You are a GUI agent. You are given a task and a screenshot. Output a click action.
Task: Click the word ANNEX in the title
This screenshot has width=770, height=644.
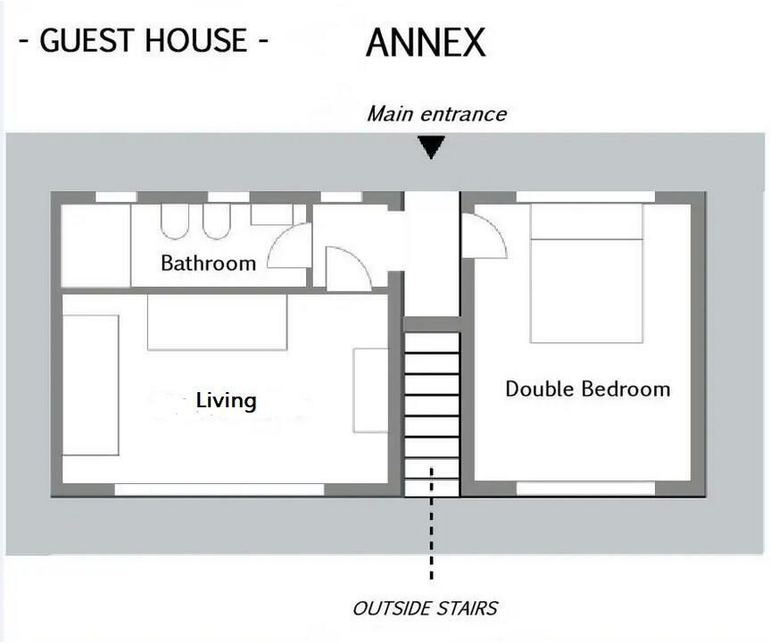426,42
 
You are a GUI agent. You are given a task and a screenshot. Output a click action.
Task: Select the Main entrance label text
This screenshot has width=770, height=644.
436,114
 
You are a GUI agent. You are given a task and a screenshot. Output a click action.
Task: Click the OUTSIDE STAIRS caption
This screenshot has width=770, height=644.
425,608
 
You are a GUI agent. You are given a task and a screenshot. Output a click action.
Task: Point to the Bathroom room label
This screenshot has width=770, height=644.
208,263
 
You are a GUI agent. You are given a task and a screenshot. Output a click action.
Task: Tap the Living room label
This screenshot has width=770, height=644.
226,401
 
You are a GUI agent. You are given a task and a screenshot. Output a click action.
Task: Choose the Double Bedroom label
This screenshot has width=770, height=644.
588,389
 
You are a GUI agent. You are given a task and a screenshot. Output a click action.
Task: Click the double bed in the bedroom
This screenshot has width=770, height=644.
586,273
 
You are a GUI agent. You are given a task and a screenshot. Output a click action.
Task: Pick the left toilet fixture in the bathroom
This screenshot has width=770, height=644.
174,222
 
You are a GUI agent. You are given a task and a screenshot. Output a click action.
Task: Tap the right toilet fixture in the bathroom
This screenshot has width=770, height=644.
217,222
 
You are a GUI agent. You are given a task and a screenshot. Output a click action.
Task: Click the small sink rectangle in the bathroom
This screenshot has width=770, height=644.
271,214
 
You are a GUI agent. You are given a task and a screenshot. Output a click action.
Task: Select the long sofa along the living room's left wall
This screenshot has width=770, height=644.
91,385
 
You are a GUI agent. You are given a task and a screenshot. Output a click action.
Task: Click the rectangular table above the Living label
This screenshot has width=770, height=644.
217,322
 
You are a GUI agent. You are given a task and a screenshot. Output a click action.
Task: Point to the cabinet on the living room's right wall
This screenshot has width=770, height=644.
371,390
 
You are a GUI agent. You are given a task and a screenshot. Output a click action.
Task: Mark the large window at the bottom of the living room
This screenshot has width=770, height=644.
219,489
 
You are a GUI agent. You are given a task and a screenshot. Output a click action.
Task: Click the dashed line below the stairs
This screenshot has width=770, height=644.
431,523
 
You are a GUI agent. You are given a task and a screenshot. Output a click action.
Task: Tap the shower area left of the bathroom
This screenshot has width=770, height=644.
95,246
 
